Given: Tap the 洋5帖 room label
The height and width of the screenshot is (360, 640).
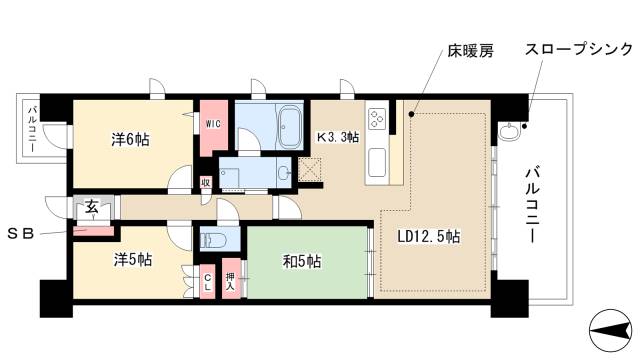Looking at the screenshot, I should [x=131, y=259].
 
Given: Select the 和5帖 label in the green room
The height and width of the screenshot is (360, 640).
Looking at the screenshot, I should [x=300, y=262].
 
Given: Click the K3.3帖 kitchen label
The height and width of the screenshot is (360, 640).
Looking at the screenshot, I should [x=338, y=138].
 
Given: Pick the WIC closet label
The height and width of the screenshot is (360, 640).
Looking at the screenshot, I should [x=213, y=124].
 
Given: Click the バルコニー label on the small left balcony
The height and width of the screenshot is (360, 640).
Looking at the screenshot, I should [x=32, y=128].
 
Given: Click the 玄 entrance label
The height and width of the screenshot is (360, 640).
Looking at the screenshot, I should [x=91, y=207].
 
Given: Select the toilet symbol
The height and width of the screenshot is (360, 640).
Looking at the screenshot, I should [x=212, y=241].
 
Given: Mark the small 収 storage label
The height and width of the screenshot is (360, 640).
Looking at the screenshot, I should [x=205, y=182].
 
